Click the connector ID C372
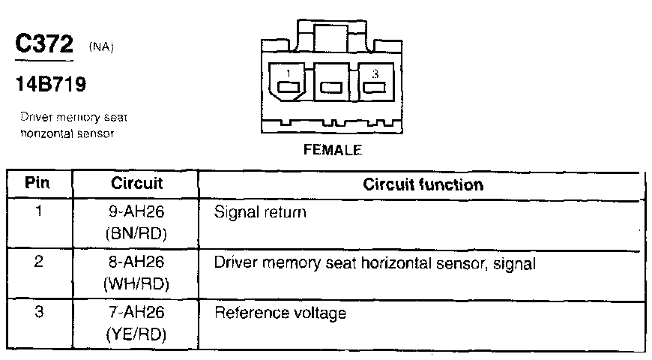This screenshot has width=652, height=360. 44,43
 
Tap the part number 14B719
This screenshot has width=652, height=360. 50,85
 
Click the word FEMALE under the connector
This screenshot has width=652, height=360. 333,149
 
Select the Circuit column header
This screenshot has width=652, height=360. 136,183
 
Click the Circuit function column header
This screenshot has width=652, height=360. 423,184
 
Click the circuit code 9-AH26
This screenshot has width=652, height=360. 136,212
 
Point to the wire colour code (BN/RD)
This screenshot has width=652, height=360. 136,235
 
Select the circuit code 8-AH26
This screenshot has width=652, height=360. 136,262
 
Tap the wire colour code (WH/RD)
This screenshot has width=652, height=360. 136,285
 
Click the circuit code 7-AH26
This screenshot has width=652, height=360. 136,312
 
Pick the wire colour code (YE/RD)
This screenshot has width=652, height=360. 136,334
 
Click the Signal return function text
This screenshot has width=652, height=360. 261,213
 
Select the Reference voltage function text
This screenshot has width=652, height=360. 280,313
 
